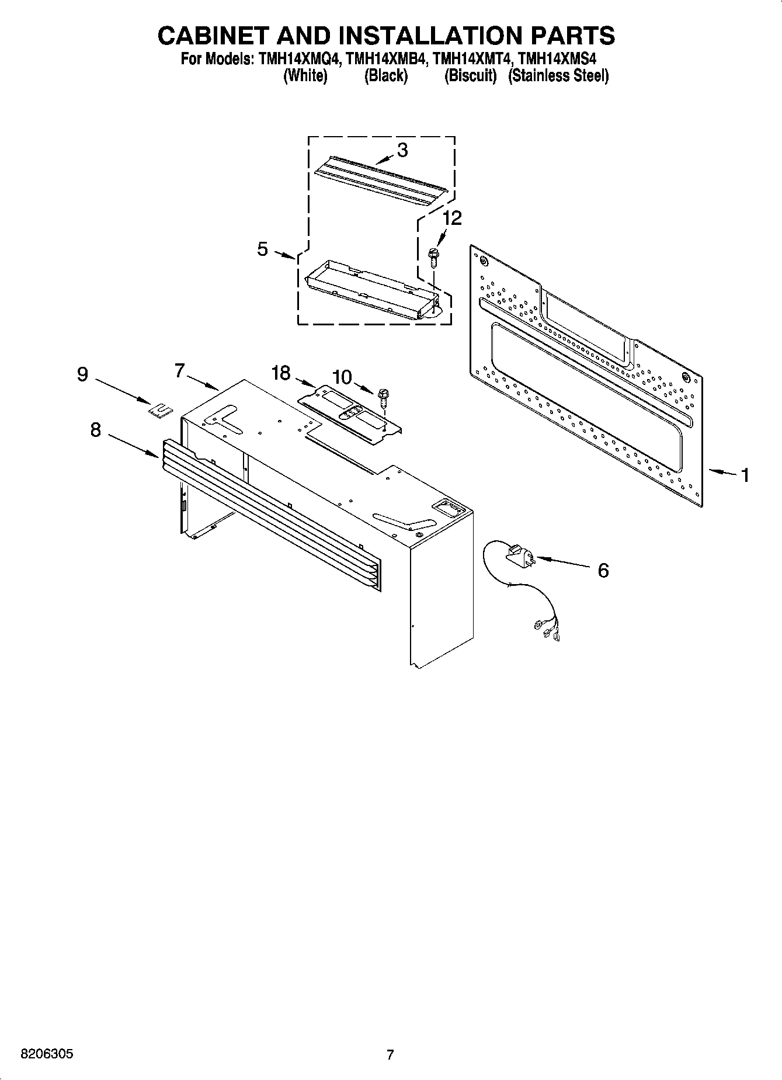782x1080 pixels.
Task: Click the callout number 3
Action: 402,150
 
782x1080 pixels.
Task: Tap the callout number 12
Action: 452,218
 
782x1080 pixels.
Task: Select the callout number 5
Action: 262,249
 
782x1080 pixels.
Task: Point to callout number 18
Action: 281,373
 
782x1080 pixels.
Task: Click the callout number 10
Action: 342,377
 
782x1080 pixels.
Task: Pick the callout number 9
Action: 82,374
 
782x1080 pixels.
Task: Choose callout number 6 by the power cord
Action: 603,570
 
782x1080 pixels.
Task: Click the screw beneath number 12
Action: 433,257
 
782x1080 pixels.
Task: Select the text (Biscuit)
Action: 470,76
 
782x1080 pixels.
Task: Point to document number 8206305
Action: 47,1054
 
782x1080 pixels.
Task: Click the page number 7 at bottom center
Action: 390,1055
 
